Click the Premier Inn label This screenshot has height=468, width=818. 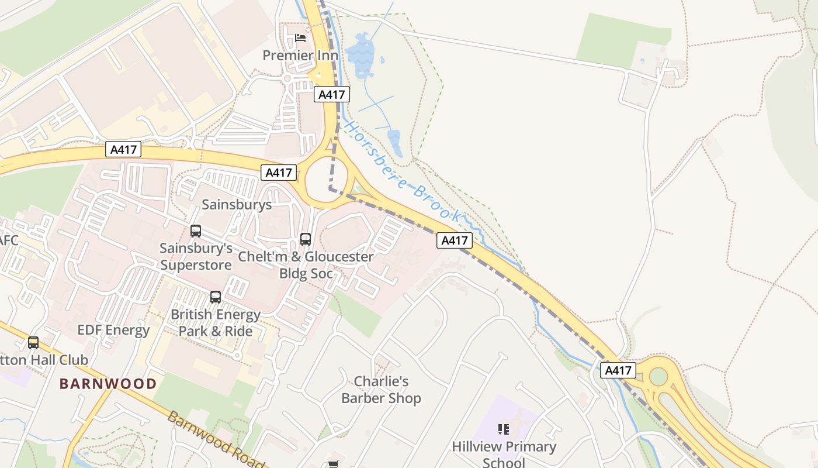coord(300,56)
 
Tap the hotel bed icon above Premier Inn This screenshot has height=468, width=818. coord(300,38)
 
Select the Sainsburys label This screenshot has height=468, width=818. coord(237,204)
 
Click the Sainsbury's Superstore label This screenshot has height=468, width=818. coord(196,256)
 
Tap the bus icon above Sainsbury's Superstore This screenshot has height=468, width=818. coord(196,231)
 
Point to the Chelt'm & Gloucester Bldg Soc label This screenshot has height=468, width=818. coord(306,265)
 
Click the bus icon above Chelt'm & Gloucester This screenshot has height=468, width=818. coord(306,239)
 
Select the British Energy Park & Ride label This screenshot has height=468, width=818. coord(216,322)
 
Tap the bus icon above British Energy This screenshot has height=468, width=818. coord(216,297)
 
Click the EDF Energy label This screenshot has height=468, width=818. coord(113,330)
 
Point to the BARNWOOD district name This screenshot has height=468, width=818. coord(108,384)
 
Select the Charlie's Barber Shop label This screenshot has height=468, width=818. coord(381,390)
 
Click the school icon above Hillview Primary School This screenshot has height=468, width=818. coord(504,429)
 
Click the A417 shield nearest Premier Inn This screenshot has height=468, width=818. coord(332,94)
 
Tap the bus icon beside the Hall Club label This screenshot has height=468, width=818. coord(33,343)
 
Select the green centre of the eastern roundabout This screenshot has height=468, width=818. coord(658,376)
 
